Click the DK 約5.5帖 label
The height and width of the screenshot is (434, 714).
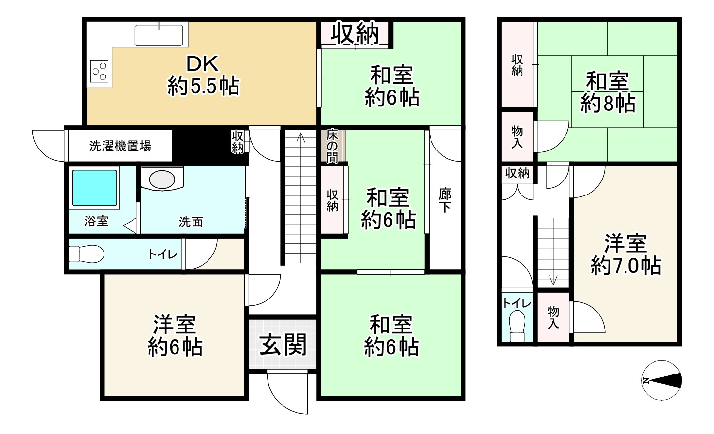[203, 75]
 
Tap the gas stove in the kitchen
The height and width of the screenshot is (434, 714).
[100, 71]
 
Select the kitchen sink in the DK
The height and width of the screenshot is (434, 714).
[161, 35]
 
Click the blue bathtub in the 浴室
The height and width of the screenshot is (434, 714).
[94, 188]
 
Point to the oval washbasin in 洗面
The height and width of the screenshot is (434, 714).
[162, 180]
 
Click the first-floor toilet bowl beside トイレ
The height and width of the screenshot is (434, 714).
[86, 254]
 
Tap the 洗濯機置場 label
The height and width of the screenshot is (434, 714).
[120, 146]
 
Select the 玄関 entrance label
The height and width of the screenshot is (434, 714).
[283, 344]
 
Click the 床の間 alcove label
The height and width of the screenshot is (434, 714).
[332, 145]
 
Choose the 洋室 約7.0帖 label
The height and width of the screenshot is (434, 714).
[625, 254]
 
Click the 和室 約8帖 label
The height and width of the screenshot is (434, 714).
[608, 92]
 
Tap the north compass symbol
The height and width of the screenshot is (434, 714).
[661, 380]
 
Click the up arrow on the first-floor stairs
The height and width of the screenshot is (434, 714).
[301, 138]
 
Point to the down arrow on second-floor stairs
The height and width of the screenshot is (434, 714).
[553, 279]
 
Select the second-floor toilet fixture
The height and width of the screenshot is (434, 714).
[517, 327]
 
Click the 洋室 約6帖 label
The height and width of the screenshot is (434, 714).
[175, 336]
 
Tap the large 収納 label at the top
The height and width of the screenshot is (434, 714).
[355, 33]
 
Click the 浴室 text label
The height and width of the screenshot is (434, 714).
[96, 222]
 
